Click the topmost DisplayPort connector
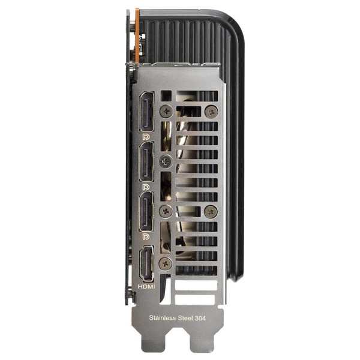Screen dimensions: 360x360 point(146,112)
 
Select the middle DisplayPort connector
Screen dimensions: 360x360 point(146,161)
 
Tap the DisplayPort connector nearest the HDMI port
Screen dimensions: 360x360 point(146,211)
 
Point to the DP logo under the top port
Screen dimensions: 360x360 point(146,137)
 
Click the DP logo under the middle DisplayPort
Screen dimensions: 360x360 point(146,187)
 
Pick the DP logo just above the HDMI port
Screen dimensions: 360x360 point(146,236)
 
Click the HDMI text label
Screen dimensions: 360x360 point(146,287)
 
